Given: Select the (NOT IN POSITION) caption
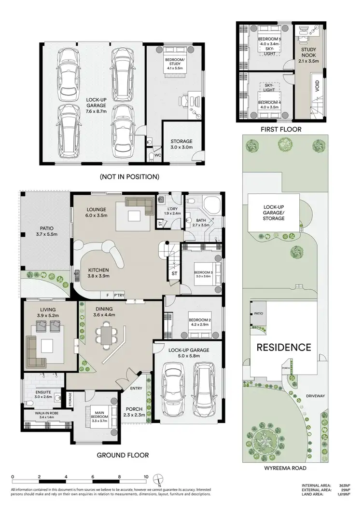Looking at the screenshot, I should point(129,176).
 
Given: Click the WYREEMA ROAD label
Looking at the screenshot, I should point(285,468).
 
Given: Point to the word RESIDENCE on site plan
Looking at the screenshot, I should point(283,347).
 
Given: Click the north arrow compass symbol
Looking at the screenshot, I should point(159,479).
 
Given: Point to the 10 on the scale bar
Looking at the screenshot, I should point(146,477).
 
